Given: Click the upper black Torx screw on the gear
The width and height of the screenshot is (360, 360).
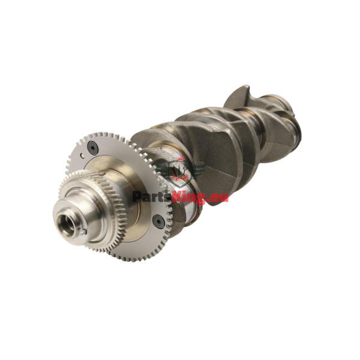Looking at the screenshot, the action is point(93,147).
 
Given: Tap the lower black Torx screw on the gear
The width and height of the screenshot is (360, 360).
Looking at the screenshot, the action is point(158,221).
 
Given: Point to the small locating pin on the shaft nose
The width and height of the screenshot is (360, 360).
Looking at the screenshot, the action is point(83,233).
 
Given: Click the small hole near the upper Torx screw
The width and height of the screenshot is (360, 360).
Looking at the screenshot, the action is point(82,155).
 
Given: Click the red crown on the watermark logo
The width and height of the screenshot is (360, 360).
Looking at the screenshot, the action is point(180,159).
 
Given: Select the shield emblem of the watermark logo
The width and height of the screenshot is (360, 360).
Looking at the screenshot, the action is point(180,172).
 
